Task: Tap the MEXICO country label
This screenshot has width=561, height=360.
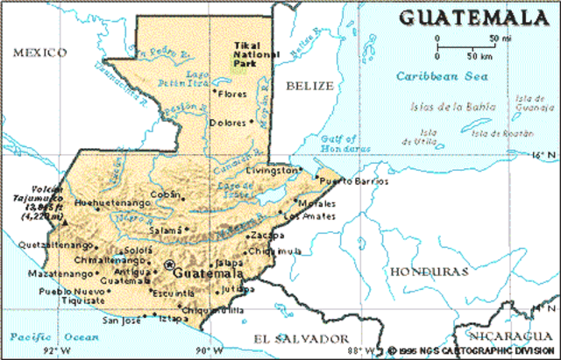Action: [x=39, y=53]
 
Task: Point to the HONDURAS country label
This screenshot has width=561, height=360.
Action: [x=425, y=272]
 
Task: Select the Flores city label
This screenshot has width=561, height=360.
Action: [x=232, y=93]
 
